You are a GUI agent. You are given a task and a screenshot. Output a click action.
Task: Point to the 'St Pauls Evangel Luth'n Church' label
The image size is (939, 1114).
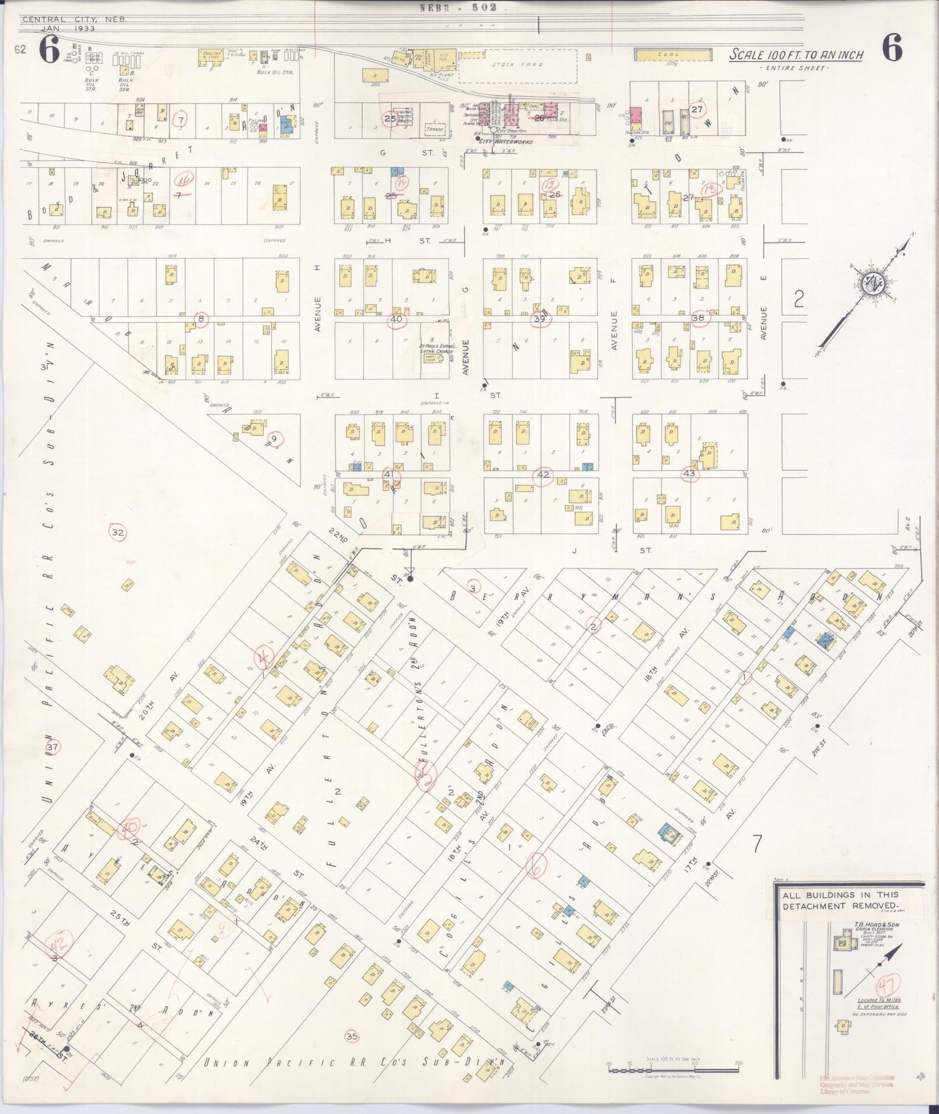point(435,347)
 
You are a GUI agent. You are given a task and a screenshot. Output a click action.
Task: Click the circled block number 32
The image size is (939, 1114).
point(118,533)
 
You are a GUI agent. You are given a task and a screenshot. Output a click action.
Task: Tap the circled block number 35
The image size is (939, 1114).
point(352,1036)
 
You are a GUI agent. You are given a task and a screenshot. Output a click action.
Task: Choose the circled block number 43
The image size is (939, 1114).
point(689,474)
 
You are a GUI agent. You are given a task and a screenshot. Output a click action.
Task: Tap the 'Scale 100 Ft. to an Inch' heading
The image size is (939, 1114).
point(795,55)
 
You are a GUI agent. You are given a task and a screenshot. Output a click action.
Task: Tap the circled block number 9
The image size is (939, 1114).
point(274,439)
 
